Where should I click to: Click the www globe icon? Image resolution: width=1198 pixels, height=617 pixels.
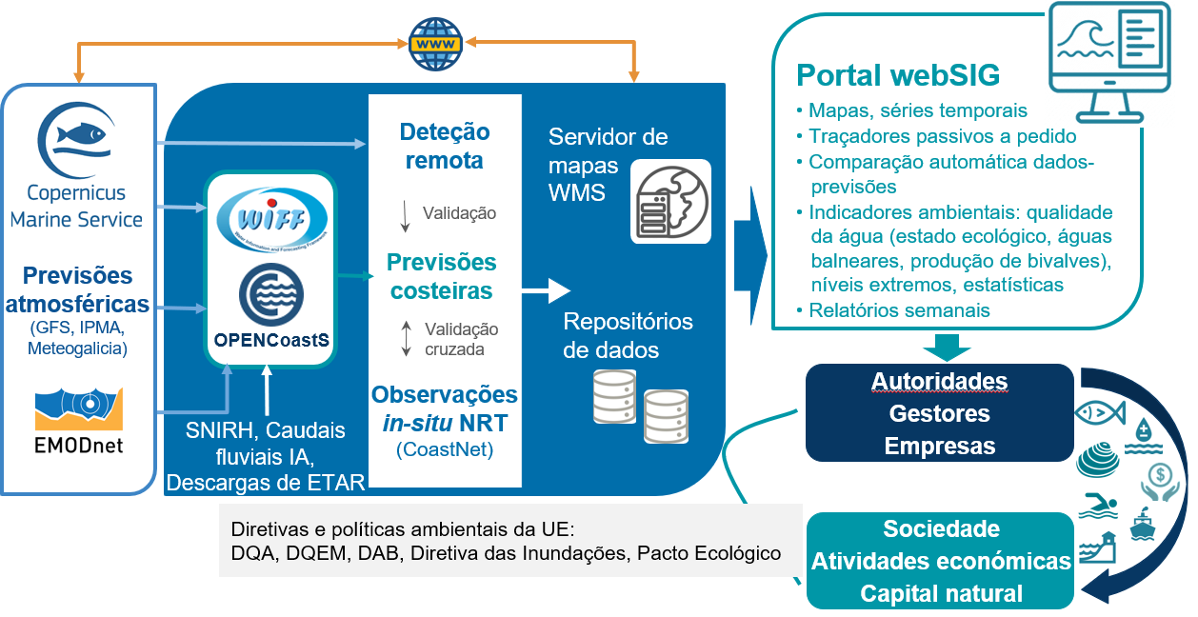435,43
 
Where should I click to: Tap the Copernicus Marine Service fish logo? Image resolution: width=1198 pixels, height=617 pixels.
76,140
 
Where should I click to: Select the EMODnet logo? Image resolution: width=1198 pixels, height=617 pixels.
79,420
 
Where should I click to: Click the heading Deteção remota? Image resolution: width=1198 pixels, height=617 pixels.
445,146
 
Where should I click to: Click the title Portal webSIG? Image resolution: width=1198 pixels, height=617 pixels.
898,75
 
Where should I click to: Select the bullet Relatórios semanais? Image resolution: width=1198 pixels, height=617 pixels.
899,310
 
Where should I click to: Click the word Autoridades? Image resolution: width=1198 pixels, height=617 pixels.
939,382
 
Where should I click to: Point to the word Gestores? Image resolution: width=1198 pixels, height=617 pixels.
939,414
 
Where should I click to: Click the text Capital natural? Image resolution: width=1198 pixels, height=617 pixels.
941,594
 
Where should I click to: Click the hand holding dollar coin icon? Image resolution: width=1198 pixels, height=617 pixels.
1160,479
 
